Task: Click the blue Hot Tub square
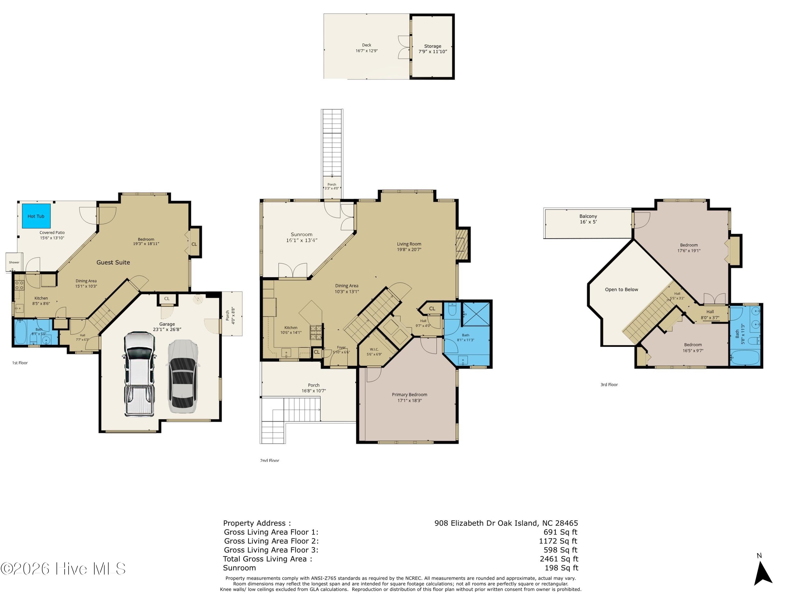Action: (x=36, y=216)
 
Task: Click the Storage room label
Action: (x=432, y=49)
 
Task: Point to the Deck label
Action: (x=366, y=48)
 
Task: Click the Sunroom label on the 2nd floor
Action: (x=302, y=237)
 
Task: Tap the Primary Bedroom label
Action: (x=409, y=397)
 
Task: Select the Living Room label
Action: (x=409, y=246)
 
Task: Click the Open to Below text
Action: (x=621, y=290)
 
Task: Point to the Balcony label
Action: (x=588, y=219)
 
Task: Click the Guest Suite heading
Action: (x=113, y=262)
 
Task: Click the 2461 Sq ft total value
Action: (x=559, y=559)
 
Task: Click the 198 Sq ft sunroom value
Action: (x=561, y=568)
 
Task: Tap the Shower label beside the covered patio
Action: (x=14, y=262)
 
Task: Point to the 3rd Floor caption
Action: (x=609, y=384)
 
